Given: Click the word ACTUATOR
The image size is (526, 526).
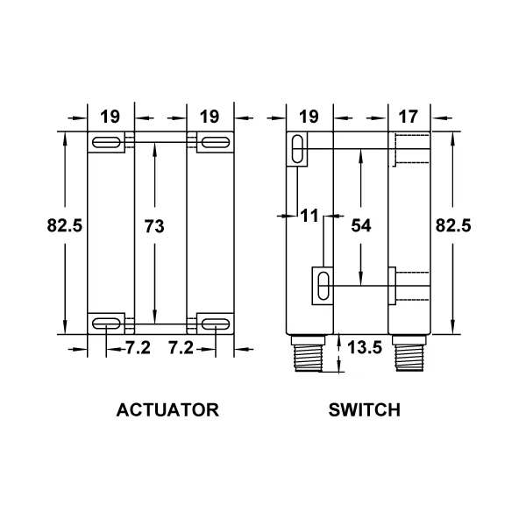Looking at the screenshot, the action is [x=167, y=410].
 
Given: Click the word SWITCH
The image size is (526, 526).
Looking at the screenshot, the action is [x=365, y=410].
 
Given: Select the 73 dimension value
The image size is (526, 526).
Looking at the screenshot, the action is [x=154, y=226].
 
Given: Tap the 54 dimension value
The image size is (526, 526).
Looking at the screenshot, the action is [x=361, y=225].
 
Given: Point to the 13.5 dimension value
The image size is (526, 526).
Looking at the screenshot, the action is [x=365, y=347].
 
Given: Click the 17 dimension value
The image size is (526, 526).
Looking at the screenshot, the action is [x=409, y=117].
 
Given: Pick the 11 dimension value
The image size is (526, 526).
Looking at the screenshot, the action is [x=309, y=216].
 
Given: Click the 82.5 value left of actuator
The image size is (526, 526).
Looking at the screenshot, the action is [x=64, y=225].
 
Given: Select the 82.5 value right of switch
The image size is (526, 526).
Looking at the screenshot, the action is [x=453, y=225].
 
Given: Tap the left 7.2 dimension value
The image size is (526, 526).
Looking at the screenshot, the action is [x=139, y=347].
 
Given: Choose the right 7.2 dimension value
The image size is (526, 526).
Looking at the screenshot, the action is [x=181, y=347].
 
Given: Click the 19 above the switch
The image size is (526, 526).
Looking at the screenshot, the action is [x=309, y=117].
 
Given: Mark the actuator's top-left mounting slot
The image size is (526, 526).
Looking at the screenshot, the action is [x=106, y=143].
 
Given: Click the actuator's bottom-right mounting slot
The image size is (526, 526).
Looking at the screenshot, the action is [x=216, y=324].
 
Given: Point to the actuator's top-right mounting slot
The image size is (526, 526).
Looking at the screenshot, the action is [x=216, y=143].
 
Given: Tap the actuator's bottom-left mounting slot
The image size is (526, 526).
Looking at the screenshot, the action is [x=106, y=324].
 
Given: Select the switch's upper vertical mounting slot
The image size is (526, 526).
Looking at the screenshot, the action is [x=297, y=149].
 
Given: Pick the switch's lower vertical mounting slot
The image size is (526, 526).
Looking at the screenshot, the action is [x=323, y=286].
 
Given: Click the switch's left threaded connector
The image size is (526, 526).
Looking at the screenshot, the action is [x=308, y=353].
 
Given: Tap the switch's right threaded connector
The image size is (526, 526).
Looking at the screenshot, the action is [x=409, y=353].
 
